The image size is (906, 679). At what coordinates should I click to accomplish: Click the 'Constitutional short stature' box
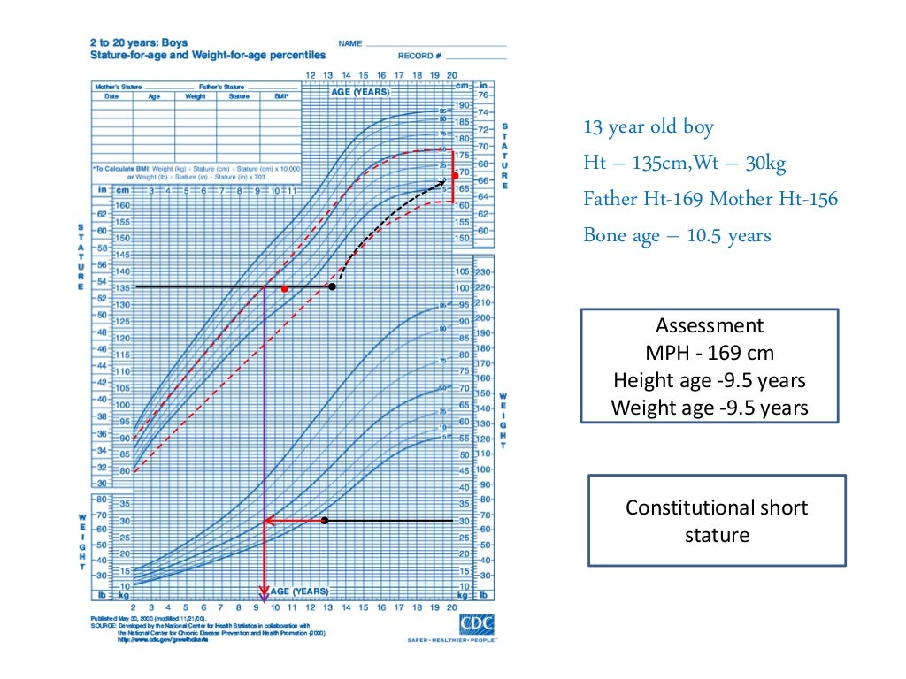coord(717,521)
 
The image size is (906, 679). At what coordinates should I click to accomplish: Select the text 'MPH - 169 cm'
coord(710,354)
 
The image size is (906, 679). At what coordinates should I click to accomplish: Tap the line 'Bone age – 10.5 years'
coord(677,235)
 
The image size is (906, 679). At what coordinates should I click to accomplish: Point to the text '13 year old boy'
coord(648,126)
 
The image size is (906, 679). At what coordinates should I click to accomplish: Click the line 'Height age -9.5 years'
coord(710,380)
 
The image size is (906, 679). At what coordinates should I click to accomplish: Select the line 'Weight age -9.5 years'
coord(710,408)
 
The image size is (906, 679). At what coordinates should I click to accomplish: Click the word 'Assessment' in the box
coord(710,325)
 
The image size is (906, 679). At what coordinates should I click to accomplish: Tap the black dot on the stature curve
coord(332,286)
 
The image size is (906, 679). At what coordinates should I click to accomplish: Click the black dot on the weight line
coord(325,521)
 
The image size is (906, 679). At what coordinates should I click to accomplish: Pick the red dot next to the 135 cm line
coord(284,289)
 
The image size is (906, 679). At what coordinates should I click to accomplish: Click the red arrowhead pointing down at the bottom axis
coord(263,593)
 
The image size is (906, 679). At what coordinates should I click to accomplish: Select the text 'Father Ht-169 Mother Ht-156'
coord(710,199)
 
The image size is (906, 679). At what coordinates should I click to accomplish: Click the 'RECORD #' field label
coord(416,56)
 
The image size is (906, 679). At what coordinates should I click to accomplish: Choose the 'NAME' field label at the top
coord(349,42)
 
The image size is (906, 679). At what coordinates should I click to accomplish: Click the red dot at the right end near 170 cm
coord(456,175)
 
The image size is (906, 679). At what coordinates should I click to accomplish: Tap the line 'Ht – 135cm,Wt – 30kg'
coord(685,163)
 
